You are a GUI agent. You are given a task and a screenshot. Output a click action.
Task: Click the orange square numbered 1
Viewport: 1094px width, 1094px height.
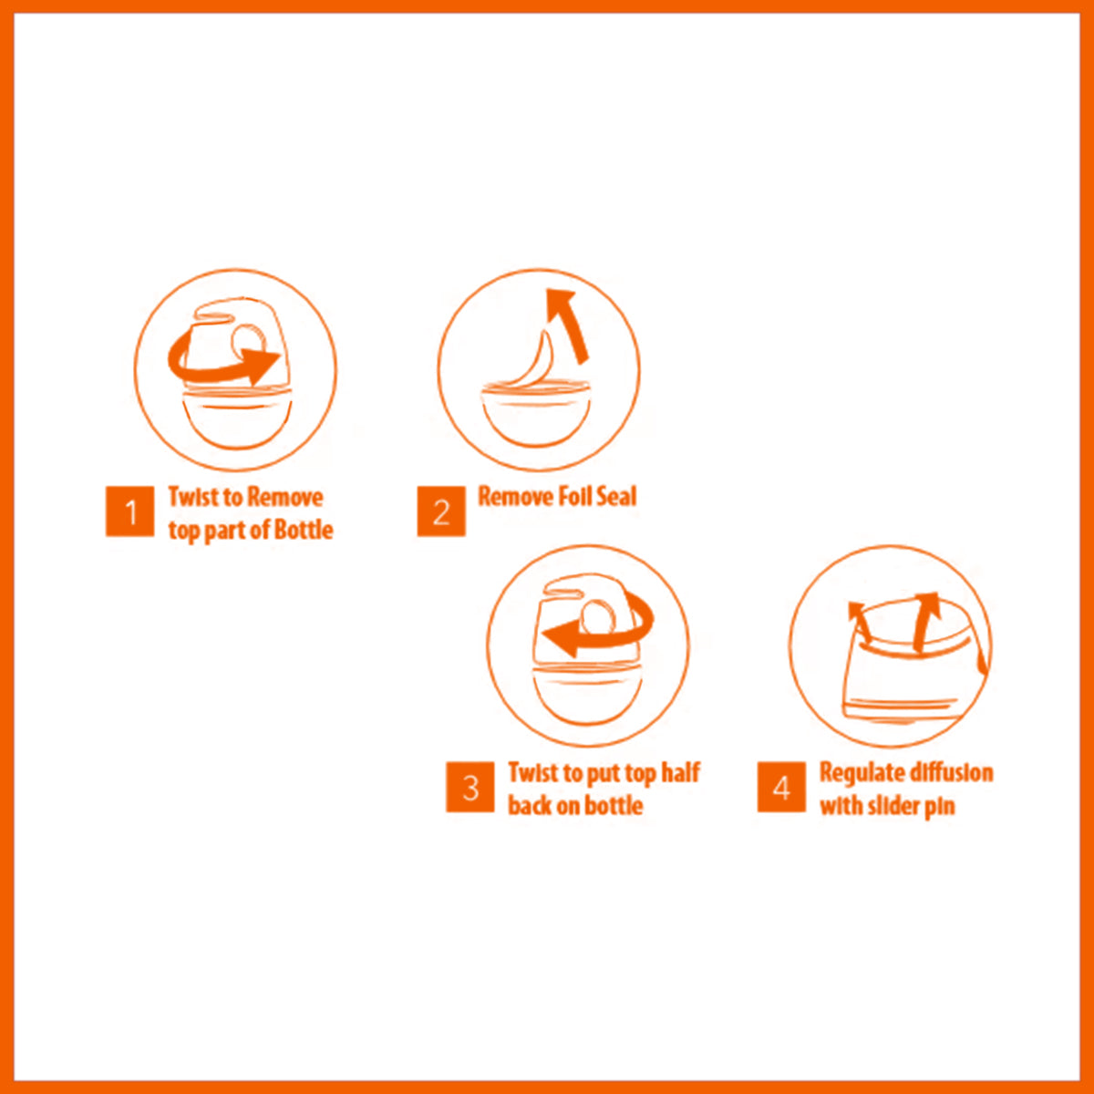coord(129,511)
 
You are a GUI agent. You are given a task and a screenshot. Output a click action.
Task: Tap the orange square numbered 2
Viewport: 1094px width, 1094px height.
coord(441,511)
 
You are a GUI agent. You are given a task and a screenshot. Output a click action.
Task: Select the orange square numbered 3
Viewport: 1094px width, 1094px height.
coord(470,787)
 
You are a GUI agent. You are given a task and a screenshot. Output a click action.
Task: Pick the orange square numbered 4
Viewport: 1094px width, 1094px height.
coord(781,787)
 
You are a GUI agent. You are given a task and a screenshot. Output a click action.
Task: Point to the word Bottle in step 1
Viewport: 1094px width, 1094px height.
coord(304,530)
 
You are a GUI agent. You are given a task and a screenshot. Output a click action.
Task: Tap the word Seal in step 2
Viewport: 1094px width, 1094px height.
coord(620,496)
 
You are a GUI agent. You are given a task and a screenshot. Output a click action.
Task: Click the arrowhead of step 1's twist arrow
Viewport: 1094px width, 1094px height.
coord(260,365)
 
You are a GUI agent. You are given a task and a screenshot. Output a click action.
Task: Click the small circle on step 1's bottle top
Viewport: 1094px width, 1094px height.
coord(249,342)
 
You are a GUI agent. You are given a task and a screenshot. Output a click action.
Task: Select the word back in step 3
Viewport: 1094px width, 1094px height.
coord(530,805)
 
